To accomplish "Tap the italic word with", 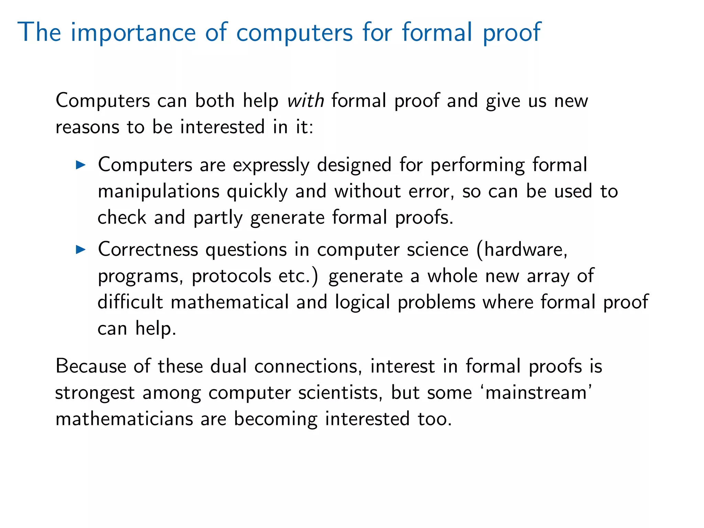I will coord(306,101).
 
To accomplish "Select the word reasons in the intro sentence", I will coord(87,128).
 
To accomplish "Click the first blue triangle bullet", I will coord(80,165).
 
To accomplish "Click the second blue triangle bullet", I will coord(80,250).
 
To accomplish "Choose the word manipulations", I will coord(158,191).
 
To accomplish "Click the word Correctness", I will coord(148,250).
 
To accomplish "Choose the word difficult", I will coord(130,302).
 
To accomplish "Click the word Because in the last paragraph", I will coord(91,366).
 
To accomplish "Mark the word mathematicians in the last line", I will coord(124,419).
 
